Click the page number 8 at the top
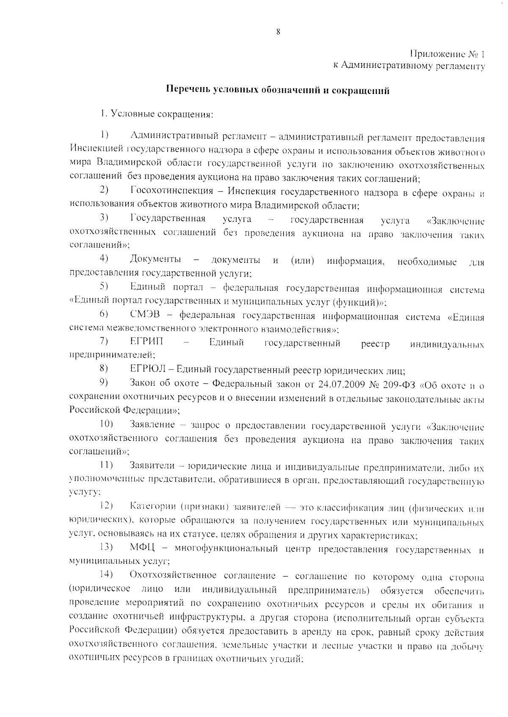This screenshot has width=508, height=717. (x=278, y=32)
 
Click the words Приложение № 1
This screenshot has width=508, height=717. (x=447, y=54)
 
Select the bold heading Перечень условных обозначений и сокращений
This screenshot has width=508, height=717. (x=277, y=90)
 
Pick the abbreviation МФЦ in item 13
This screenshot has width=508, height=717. (x=144, y=549)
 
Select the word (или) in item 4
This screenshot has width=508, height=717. (x=302, y=260)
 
